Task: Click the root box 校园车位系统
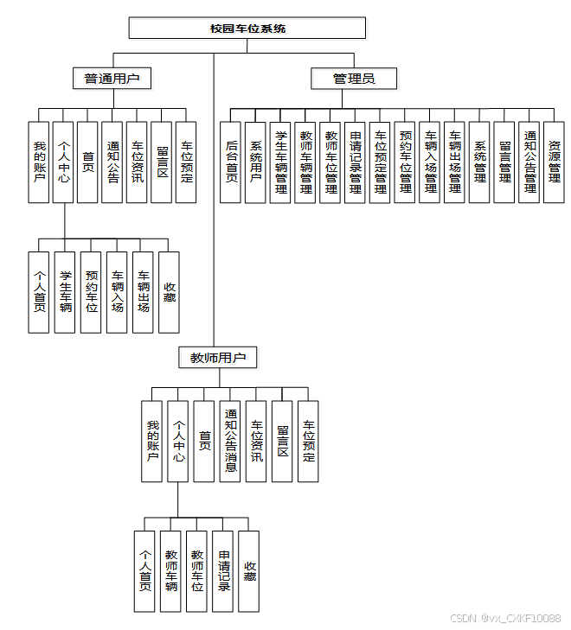247,29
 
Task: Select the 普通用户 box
112,80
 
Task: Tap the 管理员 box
354,80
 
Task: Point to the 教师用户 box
218,357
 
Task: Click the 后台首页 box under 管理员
230,162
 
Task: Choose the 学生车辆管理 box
280,162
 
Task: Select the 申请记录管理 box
355,162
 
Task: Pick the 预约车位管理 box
405,162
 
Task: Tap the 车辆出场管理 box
455,162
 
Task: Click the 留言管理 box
505,162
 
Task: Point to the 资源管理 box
555,162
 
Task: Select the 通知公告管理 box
529,162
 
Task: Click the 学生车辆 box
65,293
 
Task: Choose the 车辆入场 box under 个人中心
117,293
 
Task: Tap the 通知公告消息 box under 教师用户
230,442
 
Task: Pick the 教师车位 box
197,570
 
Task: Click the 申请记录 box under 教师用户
223,570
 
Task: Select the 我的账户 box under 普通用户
39,162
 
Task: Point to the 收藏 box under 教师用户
249,570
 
